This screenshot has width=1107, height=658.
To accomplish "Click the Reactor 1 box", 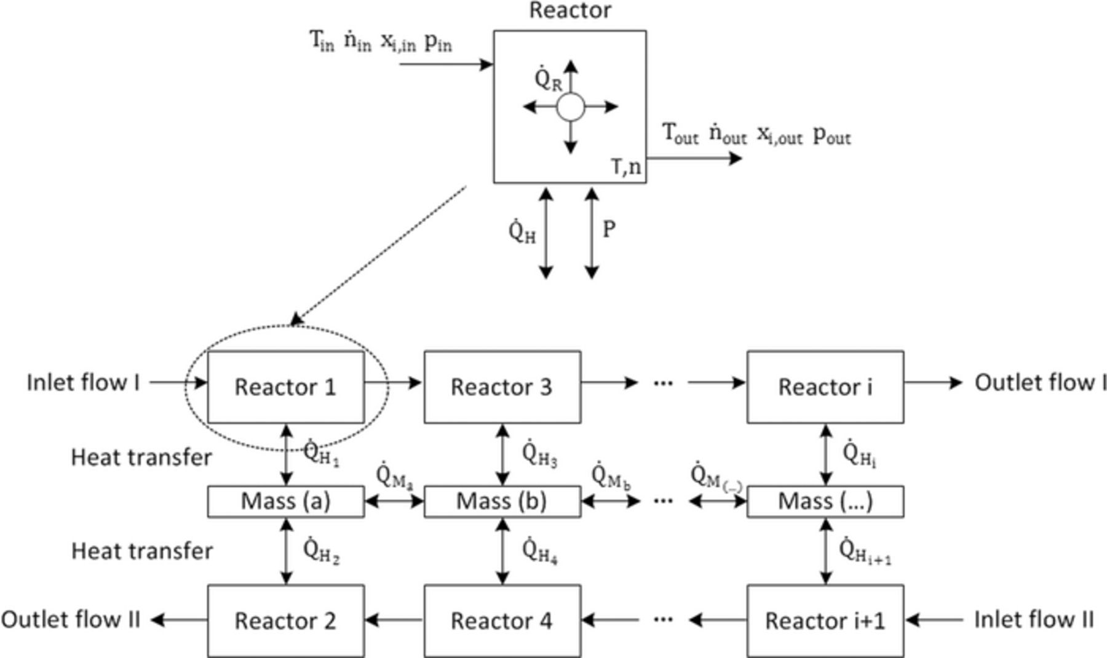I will coord(285,387).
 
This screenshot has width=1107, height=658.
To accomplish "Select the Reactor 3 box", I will coord(502,387).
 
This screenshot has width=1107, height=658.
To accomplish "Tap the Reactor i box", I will coord(825,387).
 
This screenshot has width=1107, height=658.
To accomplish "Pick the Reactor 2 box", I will coord(285,620).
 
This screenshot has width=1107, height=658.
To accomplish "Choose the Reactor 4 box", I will coord(502,620).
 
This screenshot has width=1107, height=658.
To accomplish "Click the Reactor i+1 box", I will coord(825,620).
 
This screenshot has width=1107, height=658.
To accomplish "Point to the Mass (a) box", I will coord(285,502).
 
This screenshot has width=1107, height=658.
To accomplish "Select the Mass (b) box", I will coord(502,502).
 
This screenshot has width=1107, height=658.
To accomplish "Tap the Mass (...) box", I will coord(825,502).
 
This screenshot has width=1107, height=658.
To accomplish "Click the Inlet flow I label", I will coord(83,383).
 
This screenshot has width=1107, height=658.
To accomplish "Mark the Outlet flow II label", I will coord(71,619).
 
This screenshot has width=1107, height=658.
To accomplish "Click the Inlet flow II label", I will coord(1033,619).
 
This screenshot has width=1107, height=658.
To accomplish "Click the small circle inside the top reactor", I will coord(570,107).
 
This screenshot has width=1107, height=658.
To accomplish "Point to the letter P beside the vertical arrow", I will coord(609,230).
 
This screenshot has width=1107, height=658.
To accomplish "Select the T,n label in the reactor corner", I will coord(626,167).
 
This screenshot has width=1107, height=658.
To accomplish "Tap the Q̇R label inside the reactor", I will coord(547,80).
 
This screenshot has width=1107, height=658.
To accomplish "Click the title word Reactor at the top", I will coord(570,10).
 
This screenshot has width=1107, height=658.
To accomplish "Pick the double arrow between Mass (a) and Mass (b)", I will coord(394,502).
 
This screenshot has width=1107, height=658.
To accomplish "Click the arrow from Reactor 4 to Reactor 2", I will coord(394,620).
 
